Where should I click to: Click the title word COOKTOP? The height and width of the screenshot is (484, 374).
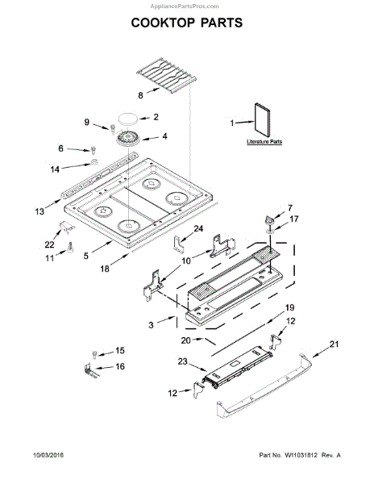click(x=163, y=23)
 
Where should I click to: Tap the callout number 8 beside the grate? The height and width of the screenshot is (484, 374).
click(x=140, y=95)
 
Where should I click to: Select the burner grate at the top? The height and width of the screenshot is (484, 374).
click(x=166, y=74)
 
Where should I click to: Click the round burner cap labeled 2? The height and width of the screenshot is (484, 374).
click(x=128, y=119)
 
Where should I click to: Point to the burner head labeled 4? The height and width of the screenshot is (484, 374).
click(x=128, y=139)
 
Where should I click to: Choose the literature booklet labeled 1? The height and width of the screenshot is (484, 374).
click(x=262, y=119)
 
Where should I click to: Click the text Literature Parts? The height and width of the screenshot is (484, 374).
click(x=264, y=142)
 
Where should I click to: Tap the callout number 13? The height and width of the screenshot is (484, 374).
click(x=39, y=211)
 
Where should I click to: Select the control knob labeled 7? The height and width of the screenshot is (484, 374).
click(x=269, y=220)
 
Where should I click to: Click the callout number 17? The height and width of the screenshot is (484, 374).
click(x=294, y=219)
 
